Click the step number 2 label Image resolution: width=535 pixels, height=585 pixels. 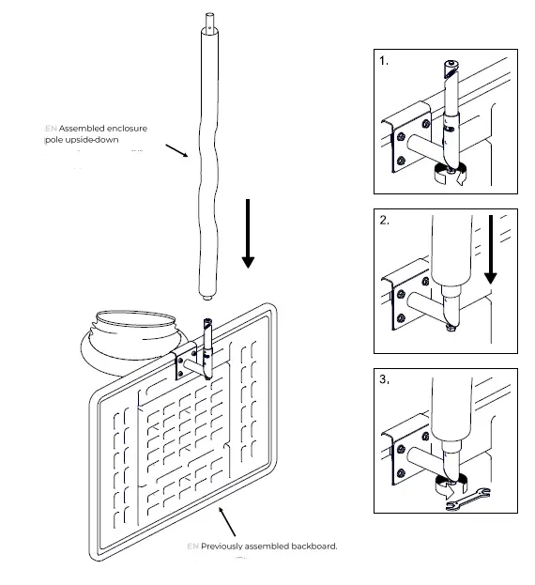(383, 221)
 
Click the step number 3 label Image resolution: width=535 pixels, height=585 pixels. (384, 380)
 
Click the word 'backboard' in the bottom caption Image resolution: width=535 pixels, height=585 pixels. (307, 546)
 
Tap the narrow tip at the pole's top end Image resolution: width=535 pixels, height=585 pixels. (208, 19)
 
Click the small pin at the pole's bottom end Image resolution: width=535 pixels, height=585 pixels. (206, 300)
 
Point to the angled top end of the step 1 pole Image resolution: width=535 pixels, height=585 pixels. (452, 67)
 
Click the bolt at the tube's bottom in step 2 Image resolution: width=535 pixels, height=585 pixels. (451, 327)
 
